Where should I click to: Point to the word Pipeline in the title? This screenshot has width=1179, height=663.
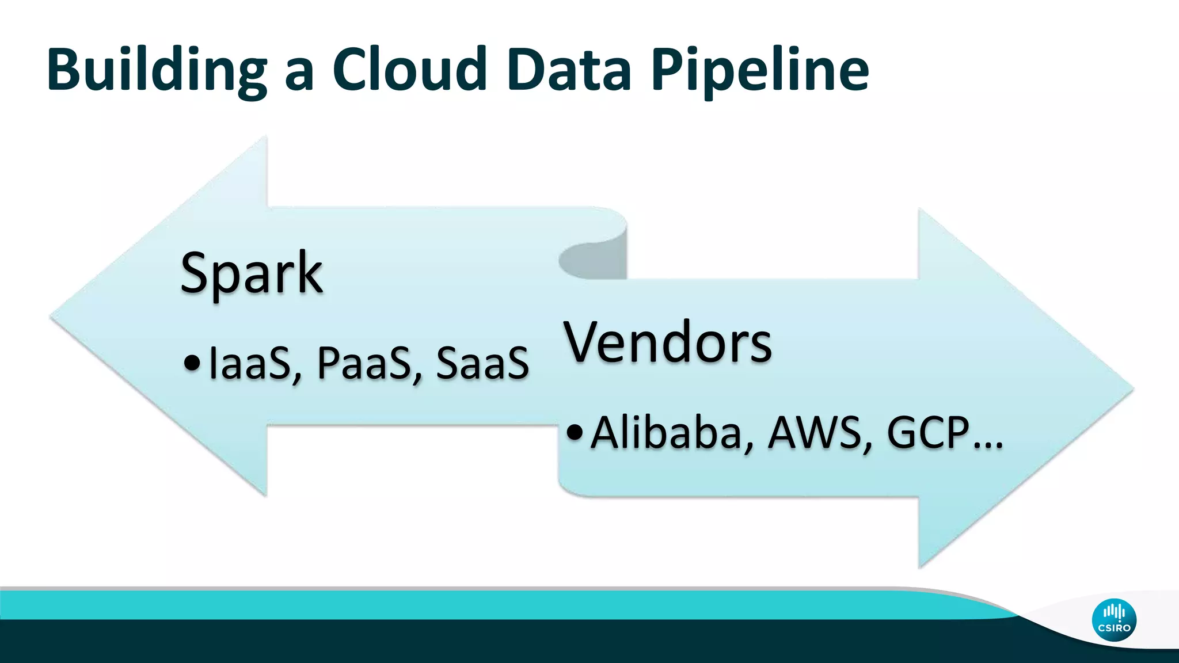tap(760, 70)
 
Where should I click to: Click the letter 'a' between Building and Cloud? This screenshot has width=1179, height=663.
tap(299, 75)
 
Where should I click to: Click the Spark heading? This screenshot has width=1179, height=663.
tap(251, 274)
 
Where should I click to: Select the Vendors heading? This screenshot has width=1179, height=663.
tap(668, 343)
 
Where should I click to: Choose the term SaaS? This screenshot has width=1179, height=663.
tap(482, 364)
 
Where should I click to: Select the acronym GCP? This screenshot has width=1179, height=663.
tap(928, 433)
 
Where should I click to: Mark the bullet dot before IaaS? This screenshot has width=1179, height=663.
tap(192, 364)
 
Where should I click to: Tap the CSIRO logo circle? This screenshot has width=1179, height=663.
tap(1114, 620)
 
